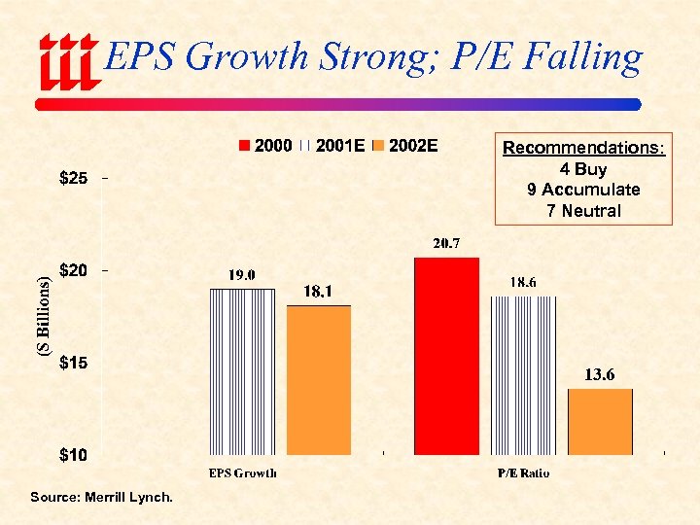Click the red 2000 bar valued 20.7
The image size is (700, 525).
446,356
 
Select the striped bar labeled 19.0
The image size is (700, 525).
242,370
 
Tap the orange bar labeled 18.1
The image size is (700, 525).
319,379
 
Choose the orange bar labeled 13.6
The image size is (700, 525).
600,421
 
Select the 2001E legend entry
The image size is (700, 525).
332,146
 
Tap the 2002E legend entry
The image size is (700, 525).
405,146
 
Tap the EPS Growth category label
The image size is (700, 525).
243,473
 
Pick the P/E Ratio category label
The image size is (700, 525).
523,473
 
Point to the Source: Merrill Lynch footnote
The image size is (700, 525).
101,498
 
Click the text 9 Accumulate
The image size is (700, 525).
583,190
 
